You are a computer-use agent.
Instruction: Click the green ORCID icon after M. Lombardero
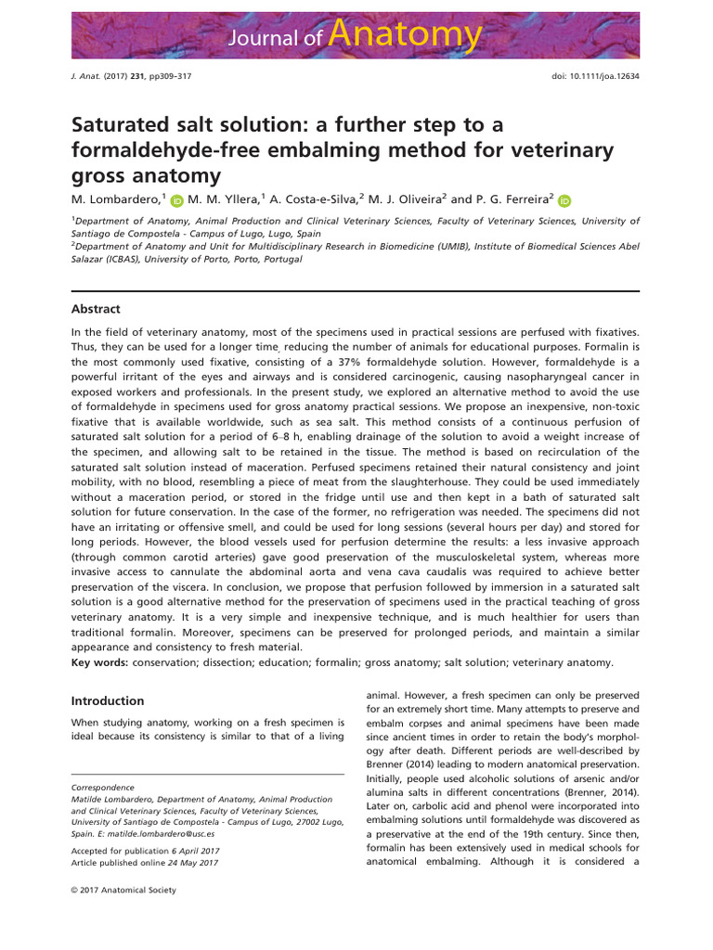(x=177, y=199)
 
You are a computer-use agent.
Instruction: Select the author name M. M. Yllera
(x=226, y=199)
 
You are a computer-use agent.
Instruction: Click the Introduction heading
(x=108, y=700)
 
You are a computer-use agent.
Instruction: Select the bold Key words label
(x=100, y=662)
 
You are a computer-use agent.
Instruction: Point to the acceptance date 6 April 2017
(x=197, y=850)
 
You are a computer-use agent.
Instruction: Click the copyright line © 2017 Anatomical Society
(x=123, y=890)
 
